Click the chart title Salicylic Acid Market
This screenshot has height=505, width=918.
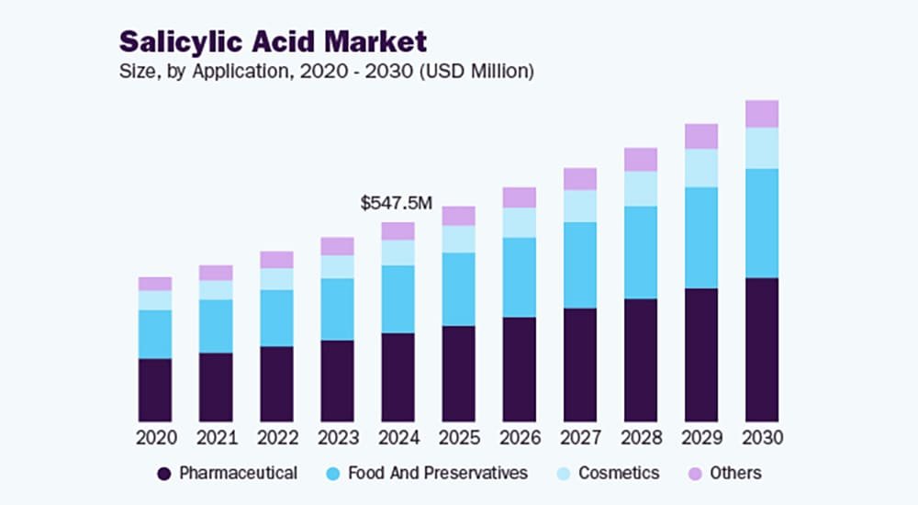click(x=273, y=42)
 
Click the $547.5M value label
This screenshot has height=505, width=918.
click(x=396, y=204)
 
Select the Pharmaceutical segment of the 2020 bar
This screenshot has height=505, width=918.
click(x=155, y=389)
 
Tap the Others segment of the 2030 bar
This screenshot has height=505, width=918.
click(x=761, y=114)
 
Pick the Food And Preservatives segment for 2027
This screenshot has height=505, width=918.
click(x=579, y=264)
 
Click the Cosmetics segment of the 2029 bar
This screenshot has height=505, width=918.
click(x=700, y=168)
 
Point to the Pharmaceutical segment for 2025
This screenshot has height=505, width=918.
click(x=458, y=373)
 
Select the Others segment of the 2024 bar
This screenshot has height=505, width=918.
click(x=397, y=230)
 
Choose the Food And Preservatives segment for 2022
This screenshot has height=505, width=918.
click(x=276, y=318)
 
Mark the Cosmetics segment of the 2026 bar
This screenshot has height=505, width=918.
click(x=519, y=222)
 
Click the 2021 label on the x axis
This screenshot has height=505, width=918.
click(x=216, y=438)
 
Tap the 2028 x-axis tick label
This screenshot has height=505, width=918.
click(x=640, y=438)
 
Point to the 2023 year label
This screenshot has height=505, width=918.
click(x=337, y=438)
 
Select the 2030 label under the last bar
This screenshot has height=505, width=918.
click(x=761, y=438)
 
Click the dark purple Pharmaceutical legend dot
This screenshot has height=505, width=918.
click(x=164, y=474)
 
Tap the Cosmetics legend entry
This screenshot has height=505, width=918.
click(x=617, y=474)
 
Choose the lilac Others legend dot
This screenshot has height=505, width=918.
click(x=695, y=474)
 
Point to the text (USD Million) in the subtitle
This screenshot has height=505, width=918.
click(x=476, y=71)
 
